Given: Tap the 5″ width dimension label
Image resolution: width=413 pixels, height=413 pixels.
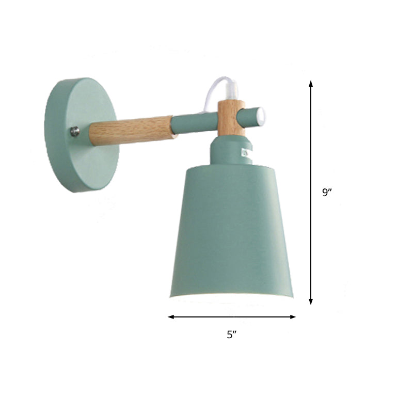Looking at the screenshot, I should coord(231,335).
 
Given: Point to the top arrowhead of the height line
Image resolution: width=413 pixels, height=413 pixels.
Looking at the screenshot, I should coord(311,83).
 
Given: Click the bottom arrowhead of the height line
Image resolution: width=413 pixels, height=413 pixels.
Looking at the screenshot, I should coord(311,301).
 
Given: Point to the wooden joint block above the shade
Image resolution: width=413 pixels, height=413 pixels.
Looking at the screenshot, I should coord(231,119).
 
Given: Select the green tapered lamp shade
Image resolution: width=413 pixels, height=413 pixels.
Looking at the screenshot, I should coord(232,232).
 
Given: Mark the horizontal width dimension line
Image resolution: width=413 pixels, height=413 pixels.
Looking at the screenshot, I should coord(232,316).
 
